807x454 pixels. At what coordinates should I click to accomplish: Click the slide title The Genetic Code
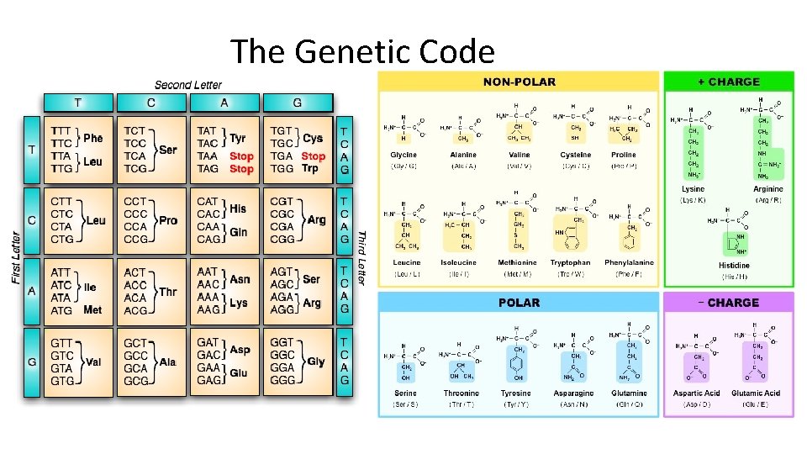pyautogui.click(x=362, y=51)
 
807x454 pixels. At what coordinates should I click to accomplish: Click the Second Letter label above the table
pyautogui.click(x=188, y=85)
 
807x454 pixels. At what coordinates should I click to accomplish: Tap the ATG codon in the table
pyautogui.click(x=61, y=310)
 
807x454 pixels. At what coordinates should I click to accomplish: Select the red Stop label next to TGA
pyautogui.click(x=313, y=156)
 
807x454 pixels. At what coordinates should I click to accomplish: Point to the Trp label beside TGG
pyautogui.click(x=310, y=169)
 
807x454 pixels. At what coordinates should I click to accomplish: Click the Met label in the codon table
pyautogui.click(x=92, y=310)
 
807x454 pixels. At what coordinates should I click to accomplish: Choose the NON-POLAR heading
pyautogui.click(x=519, y=82)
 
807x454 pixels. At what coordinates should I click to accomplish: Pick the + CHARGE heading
pyautogui.click(x=728, y=82)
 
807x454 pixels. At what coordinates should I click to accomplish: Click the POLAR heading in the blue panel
pyautogui.click(x=519, y=303)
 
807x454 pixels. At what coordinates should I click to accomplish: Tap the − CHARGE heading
pyautogui.click(x=728, y=303)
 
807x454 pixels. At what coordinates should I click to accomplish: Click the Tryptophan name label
pyautogui.click(x=571, y=262)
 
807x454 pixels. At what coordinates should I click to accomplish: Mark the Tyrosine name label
pyautogui.click(x=516, y=393)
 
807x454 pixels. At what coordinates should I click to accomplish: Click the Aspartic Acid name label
pyautogui.click(x=696, y=393)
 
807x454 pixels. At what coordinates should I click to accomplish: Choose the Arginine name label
pyautogui.click(x=768, y=189)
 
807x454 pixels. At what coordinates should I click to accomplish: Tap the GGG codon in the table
pyautogui.click(x=282, y=381)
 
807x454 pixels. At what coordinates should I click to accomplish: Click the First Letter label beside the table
pyautogui.click(x=16, y=256)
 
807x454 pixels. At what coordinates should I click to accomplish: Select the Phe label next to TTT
pyautogui.click(x=92, y=138)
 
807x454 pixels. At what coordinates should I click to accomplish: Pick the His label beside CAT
pyautogui.click(x=238, y=208)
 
